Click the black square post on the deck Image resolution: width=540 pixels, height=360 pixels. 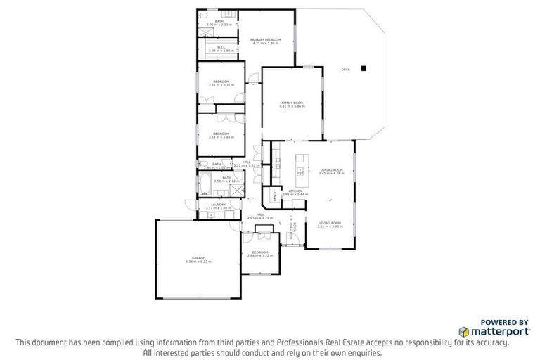[x=364, y=68]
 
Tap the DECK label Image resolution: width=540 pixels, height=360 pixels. [x=345, y=70]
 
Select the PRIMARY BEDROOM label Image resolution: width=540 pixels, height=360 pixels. [x=265, y=39]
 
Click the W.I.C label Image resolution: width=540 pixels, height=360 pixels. [x=221, y=47]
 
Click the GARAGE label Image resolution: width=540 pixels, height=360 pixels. [x=198, y=257]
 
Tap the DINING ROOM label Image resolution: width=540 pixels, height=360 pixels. [x=331, y=169]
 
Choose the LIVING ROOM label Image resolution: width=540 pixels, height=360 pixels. [x=329, y=223]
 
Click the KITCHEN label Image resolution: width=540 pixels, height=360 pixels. [x=295, y=190]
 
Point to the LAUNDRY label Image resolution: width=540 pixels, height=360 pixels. [x=218, y=205]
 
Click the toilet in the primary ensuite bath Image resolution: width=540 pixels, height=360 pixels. [x=202, y=15]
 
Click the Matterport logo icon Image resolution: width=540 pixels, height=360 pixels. [x=463, y=331]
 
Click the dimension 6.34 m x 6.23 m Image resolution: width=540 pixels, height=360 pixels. [x=198, y=262]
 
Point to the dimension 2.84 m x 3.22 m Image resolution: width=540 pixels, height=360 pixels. [x=260, y=255]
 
